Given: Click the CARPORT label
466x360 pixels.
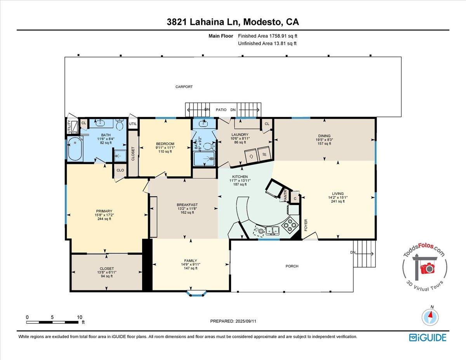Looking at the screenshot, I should tap(184, 87).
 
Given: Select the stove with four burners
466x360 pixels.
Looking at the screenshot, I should tap(290, 224).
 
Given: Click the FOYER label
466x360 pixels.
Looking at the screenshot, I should tap(306, 226).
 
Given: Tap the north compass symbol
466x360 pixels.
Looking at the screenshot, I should tap(431, 316).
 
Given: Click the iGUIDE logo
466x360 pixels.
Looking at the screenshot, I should tap(427, 337).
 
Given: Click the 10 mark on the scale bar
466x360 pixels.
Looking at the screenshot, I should tap(80, 317).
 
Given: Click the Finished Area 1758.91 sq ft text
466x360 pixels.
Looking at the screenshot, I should tap(268, 36).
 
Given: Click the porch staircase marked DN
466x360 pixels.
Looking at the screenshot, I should tap(365, 253).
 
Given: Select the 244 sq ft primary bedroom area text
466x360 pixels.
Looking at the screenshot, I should tap(104, 219).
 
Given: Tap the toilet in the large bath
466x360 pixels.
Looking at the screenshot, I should tap(120, 125).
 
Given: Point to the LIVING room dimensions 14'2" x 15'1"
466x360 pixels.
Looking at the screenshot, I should tap(337, 197).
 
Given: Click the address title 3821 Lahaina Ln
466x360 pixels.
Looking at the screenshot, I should tap(204, 23).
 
